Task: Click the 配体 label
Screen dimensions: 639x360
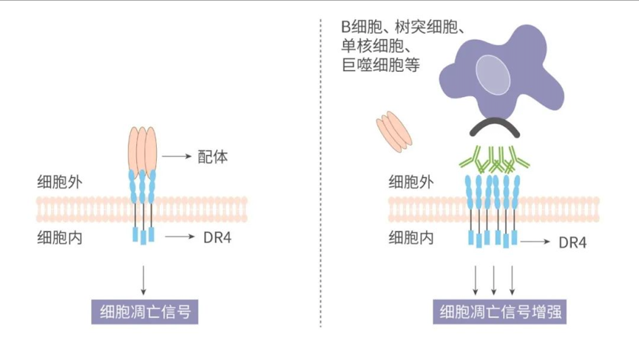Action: click(213, 157)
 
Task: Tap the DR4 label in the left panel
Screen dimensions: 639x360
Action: click(217, 237)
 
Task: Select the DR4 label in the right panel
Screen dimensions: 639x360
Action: click(572, 242)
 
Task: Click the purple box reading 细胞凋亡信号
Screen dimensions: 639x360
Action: click(145, 312)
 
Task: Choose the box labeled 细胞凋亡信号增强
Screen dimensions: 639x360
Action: click(500, 312)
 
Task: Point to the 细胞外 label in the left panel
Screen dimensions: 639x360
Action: click(60, 182)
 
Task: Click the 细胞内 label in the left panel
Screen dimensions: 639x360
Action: click(60, 237)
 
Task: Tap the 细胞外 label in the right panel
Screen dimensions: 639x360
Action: click(411, 182)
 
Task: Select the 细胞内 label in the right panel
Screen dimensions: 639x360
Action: click(411, 237)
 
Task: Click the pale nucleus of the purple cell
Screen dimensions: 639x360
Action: click(493, 75)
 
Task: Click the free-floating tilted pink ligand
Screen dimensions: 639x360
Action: click(393, 132)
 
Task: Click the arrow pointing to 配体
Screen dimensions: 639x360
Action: click(177, 156)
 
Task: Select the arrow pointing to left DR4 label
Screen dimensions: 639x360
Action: click(180, 237)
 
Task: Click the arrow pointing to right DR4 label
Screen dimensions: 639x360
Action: click(535, 242)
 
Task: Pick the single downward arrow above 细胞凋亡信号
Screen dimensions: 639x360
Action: click(143, 280)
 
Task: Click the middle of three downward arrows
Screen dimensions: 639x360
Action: click(493, 280)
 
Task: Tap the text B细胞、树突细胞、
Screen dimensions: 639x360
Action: click(402, 27)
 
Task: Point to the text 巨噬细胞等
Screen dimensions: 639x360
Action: click(381, 65)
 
